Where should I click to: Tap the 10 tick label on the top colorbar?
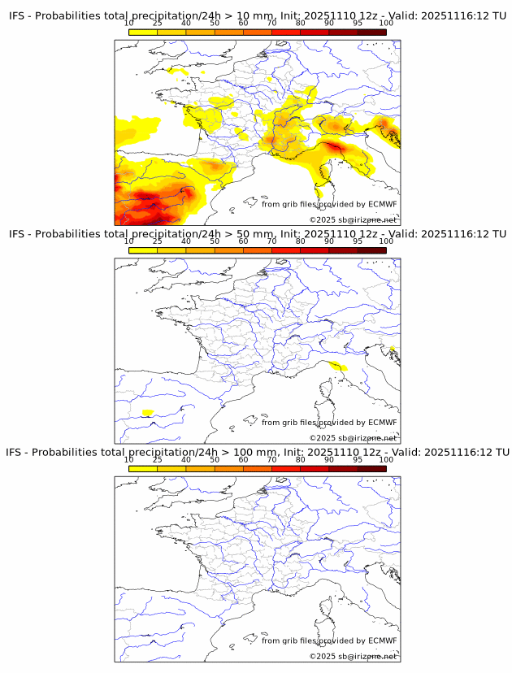click(x=128, y=24)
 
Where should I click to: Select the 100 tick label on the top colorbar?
click(x=386, y=24)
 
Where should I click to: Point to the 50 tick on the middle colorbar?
click(x=215, y=241)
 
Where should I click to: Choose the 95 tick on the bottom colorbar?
click(x=358, y=460)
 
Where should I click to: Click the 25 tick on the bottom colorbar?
click(x=157, y=460)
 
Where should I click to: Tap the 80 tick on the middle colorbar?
click(x=301, y=241)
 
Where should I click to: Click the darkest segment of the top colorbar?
click(x=371, y=32)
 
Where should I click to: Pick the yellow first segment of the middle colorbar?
click(x=142, y=250)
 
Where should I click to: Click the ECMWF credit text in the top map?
click(x=329, y=204)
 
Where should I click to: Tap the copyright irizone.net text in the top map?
click(x=353, y=219)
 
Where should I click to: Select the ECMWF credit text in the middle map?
click(x=329, y=422)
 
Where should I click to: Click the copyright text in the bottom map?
click(x=353, y=656)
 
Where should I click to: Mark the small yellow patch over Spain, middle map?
click(x=147, y=413)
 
